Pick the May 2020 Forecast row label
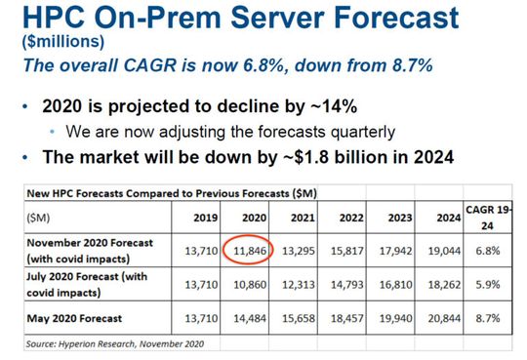point(75,318)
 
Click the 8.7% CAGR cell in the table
point(496,318)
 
